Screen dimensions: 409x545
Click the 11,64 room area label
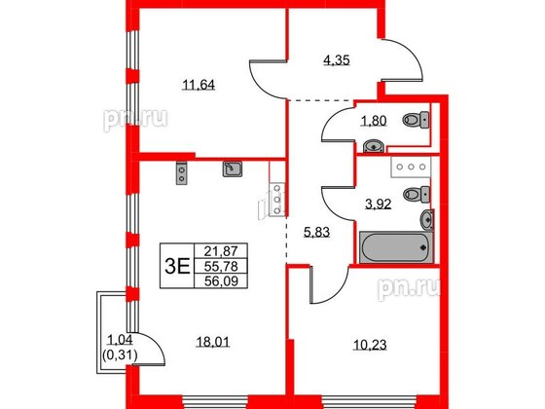pos(199,85)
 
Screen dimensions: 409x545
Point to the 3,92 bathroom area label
pos(376,203)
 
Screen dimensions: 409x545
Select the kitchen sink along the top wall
pos(232,170)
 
